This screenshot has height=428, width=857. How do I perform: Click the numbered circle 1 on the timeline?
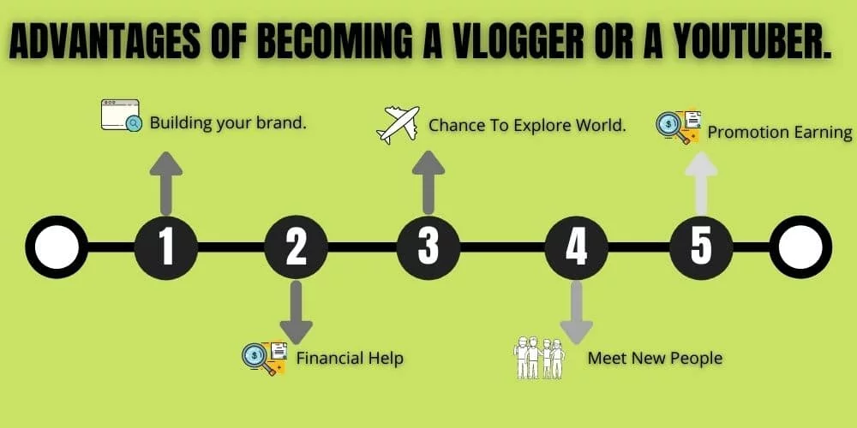point(166,247)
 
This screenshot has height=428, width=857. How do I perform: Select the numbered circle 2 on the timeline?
point(296,247)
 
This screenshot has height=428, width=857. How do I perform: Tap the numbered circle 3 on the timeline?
point(428,247)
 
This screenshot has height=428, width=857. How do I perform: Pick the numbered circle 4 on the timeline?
point(577,247)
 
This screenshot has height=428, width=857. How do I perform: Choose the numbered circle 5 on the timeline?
point(701,247)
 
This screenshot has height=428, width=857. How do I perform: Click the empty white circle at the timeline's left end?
point(57,247)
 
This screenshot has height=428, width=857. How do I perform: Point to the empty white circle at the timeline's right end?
point(800,247)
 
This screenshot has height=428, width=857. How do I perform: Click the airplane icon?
point(398,124)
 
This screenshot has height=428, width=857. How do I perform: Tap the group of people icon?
point(539,358)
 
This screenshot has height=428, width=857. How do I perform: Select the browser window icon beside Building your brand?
point(121,116)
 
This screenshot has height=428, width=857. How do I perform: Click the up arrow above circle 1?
point(166,182)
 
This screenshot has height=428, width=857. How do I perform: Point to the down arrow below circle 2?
point(296,312)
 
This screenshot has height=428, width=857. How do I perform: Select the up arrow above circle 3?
point(428,182)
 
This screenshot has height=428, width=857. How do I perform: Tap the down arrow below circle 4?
point(577,312)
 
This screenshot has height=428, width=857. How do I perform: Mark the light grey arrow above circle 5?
point(701,182)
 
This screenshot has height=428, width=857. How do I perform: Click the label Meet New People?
point(655,358)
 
